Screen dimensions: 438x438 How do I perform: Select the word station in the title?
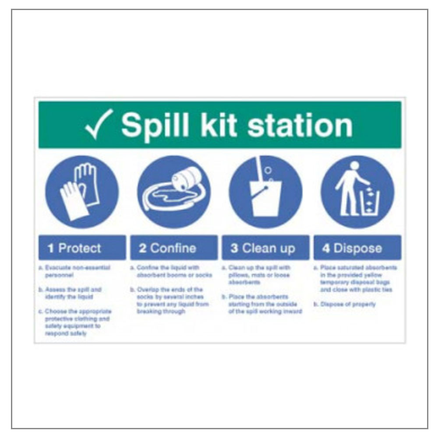click(300, 125)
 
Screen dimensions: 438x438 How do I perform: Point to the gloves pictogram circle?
click(82, 192)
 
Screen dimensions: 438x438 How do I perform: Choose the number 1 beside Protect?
click(51, 248)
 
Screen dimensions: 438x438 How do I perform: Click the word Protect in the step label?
click(80, 248)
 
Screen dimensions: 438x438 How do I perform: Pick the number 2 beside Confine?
click(143, 248)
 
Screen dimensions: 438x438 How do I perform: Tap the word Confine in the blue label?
click(173, 248)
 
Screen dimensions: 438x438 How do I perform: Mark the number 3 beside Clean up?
click(234, 248)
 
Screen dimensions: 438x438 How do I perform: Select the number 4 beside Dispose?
click(326, 248)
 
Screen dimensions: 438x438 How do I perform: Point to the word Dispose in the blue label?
click(358, 248)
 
